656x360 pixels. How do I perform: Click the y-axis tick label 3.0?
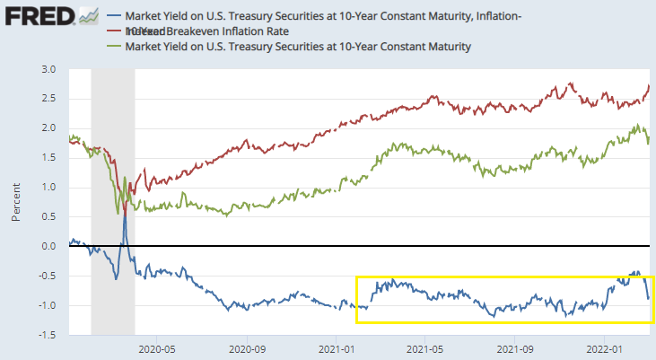[x=50, y=70]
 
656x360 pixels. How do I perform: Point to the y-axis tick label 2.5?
[x=50, y=99]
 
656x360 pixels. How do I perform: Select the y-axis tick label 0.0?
[x=50, y=246]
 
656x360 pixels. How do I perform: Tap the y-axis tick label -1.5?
[x=48, y=334]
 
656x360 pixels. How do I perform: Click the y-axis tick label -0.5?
[x=48, y=276]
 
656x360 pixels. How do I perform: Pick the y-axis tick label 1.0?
[x=50, y=188]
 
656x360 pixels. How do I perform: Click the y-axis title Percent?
[x=16, y=202]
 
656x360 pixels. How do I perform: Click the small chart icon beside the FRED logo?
[x=88, y=16]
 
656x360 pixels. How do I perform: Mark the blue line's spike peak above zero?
[x=125, y=208]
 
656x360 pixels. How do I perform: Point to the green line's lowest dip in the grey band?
[x=118, y=213]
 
